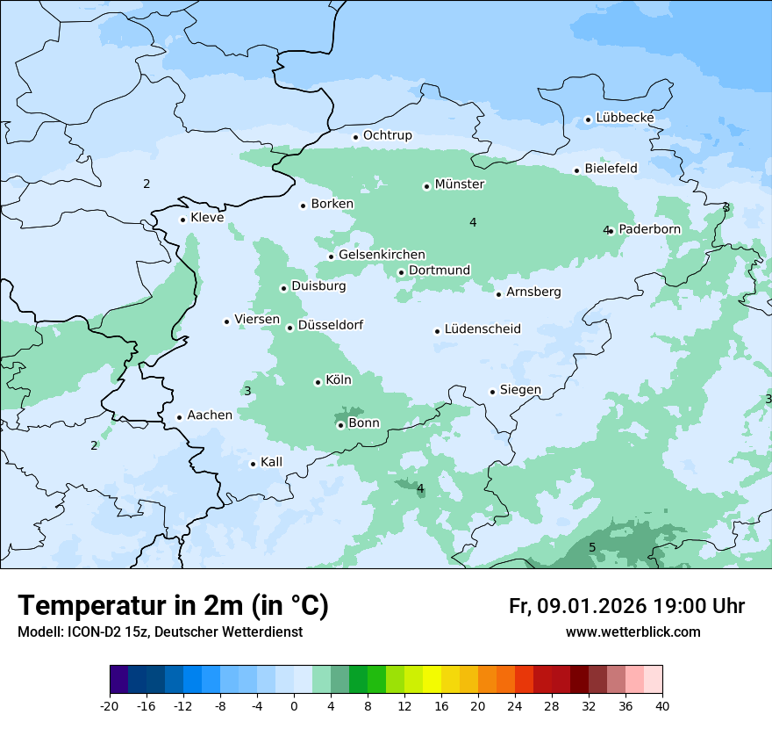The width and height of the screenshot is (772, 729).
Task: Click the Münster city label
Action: pos(460,184)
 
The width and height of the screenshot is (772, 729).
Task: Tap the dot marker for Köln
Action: pos(318,382)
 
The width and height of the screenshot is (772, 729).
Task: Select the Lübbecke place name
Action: pos(625,118)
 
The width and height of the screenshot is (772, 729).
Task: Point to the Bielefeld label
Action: pos(611,168)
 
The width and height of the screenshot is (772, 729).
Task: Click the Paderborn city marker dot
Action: pos(611,231)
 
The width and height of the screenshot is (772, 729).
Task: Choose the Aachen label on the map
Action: pos(210,415)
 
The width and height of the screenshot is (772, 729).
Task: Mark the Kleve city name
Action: pos(207,218)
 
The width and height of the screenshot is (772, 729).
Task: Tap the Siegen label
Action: pos(520,390)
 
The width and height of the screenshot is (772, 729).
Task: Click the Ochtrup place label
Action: pos(387,135)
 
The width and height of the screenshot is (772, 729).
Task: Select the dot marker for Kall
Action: pos(253,464)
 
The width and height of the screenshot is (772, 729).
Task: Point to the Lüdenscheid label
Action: pos(482,329)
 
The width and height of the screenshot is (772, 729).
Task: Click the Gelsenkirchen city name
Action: pos(382,255)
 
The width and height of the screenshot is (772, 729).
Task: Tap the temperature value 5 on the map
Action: pos(592,547)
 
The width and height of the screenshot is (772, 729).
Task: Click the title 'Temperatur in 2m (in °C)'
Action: pos(174,606)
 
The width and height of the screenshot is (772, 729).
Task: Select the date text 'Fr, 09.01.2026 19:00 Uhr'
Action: pos(626,606)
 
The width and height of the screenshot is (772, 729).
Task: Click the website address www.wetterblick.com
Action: pos(633,632)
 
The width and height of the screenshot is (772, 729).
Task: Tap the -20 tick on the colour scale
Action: pos(110,706)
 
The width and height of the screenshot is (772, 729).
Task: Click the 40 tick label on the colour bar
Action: pos(662,706)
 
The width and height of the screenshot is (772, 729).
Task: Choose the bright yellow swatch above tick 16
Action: pos(432,680)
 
